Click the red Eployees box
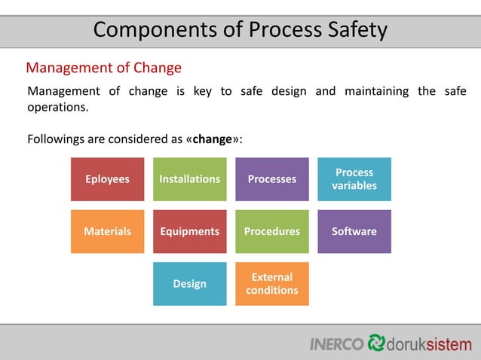pos(107,179)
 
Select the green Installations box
pos(189,179)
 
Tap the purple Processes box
pos(271,179)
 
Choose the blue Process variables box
pos(354,179)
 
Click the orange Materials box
pos(107,231)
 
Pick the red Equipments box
pos(189,231)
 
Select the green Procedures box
pos(271,231)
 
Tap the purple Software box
pos(354,231)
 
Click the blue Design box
pos(189,284)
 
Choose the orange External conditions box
pos(271,284)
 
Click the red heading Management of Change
pos(104,68)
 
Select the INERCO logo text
pos(337,343)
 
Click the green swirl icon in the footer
pos(376,343)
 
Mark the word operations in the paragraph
pos(57,107)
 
